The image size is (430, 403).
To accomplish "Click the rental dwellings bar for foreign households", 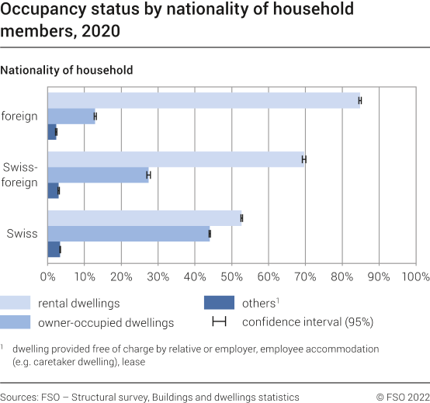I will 203,100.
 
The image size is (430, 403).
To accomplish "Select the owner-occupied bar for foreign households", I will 71,116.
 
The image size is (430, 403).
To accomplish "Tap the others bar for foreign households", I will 52,132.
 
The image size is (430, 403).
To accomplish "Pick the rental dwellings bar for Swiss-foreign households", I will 175,159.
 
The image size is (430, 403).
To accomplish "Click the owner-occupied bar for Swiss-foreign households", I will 98,175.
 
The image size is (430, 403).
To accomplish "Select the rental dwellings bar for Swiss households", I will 144,218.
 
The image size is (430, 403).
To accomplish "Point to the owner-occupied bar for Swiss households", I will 128,234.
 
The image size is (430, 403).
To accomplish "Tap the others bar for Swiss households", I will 54,249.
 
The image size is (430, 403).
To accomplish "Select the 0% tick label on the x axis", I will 48,276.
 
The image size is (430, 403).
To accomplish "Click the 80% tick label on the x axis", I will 342,276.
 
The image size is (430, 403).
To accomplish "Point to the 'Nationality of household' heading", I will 67,70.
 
